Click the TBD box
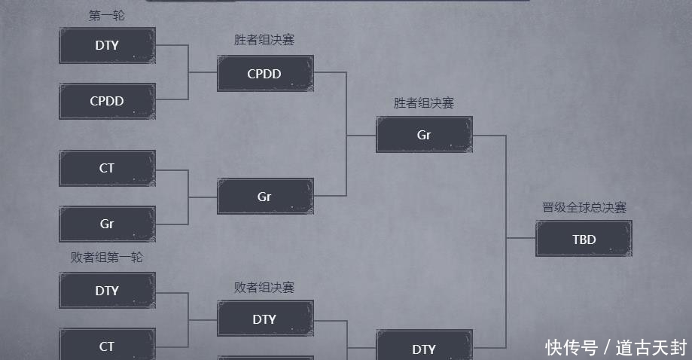coord(584,239)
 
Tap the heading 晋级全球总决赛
coord(584,207)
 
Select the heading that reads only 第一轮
coord(107,15)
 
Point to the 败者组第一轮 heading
coord(107,258)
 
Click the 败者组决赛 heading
coord(264,287)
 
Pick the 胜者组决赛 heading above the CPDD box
coord(264,40)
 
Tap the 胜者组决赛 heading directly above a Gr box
coord(424,103)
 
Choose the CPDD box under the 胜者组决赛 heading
coord(265,74)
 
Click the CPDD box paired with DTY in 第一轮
coord(107,101)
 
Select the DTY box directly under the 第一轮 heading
coord(107,45)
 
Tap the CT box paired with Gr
coord(107,168)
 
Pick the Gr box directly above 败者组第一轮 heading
coord(107,224)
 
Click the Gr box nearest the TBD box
coord(424,135)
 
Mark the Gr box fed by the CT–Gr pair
coord(265,197)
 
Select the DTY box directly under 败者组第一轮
coord(107,291)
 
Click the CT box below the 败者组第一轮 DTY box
coord(107,346)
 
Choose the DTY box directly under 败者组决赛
coord(265,319)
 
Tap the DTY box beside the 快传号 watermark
coord(424,348)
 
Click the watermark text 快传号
coord(572,347)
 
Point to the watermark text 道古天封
coord(651,347)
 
